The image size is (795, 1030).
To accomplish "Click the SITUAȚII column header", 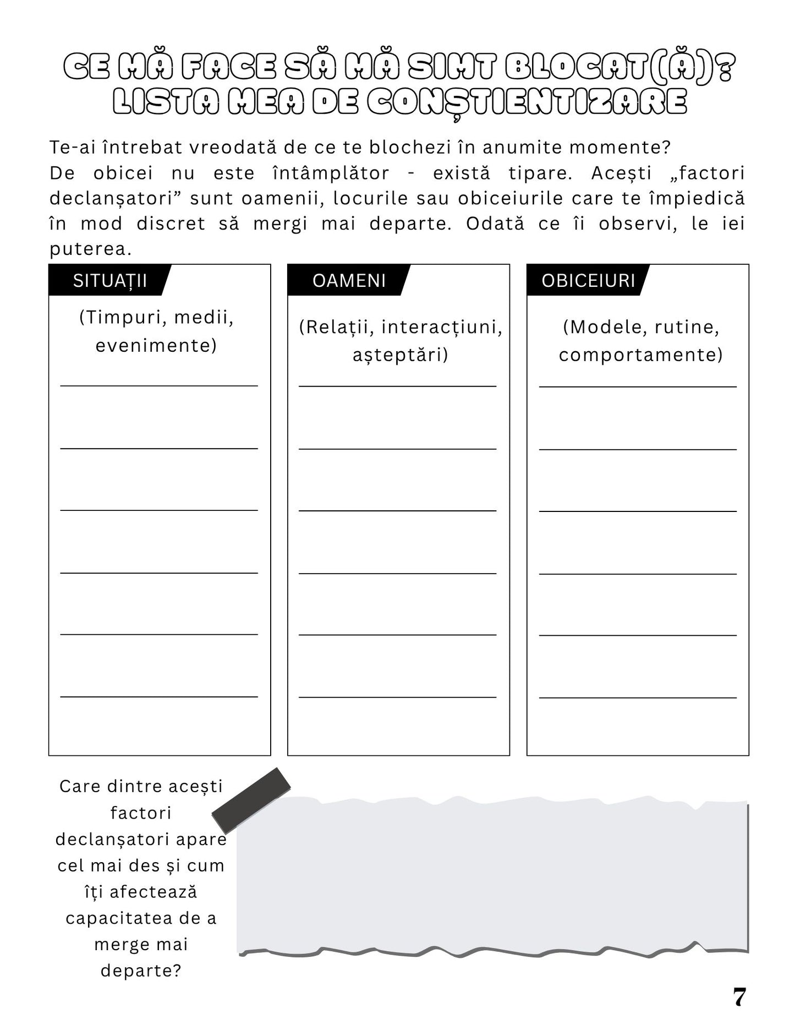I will tap(109, 281).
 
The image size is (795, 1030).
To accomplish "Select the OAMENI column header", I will tap(349, 281).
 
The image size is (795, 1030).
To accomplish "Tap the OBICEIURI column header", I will tap(588, 281).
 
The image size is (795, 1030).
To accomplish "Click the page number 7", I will tap(739, 997).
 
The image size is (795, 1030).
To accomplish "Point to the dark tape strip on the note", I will tap(251, 801).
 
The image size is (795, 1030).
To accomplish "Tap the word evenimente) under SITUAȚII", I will tap(156, 346).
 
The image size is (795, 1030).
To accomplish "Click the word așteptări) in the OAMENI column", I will tap(401, 355).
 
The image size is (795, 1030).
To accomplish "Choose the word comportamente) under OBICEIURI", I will tap(641, 355).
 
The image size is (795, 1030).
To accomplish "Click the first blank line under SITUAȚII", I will tap(159, 385).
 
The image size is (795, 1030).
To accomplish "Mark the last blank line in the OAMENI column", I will tap(398, 697).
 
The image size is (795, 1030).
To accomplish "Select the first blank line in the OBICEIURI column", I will tap(638, 386).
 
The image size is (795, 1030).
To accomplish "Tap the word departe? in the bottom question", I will tap(141, 970).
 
